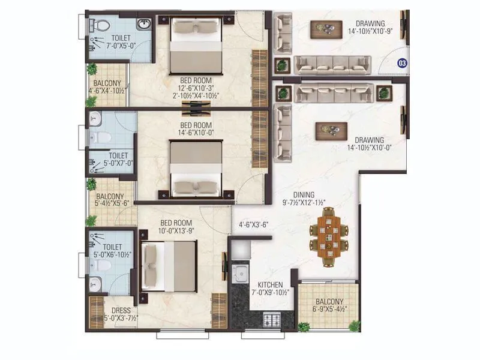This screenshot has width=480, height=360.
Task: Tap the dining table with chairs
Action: pos(328,236)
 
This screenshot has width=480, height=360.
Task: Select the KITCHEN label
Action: pos(270,284)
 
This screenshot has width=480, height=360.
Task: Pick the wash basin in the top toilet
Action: pos(143,25)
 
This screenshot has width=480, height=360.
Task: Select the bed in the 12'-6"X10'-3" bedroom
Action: pos(196,44)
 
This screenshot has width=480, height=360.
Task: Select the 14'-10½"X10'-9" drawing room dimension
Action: pos(373,31)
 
